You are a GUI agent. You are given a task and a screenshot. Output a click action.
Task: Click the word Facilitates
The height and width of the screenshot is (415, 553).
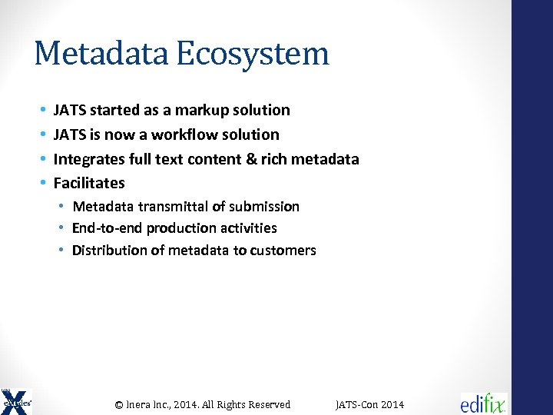(x=88, y=183)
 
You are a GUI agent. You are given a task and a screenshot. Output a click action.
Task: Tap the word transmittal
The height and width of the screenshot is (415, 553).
(x=168, y=206)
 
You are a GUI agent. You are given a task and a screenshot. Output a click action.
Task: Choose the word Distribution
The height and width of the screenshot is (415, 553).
(x=108, y=251)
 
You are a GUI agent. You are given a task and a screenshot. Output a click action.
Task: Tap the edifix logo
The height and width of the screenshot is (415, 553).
(x=483, y=403)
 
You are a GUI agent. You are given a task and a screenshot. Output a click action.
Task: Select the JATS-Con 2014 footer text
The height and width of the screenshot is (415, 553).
(x=369, y=404)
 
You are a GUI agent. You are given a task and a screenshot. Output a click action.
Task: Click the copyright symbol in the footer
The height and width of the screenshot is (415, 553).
(x=119, y=404)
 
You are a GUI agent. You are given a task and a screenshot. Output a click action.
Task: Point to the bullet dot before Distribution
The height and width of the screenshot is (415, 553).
(x=61, y=251)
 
